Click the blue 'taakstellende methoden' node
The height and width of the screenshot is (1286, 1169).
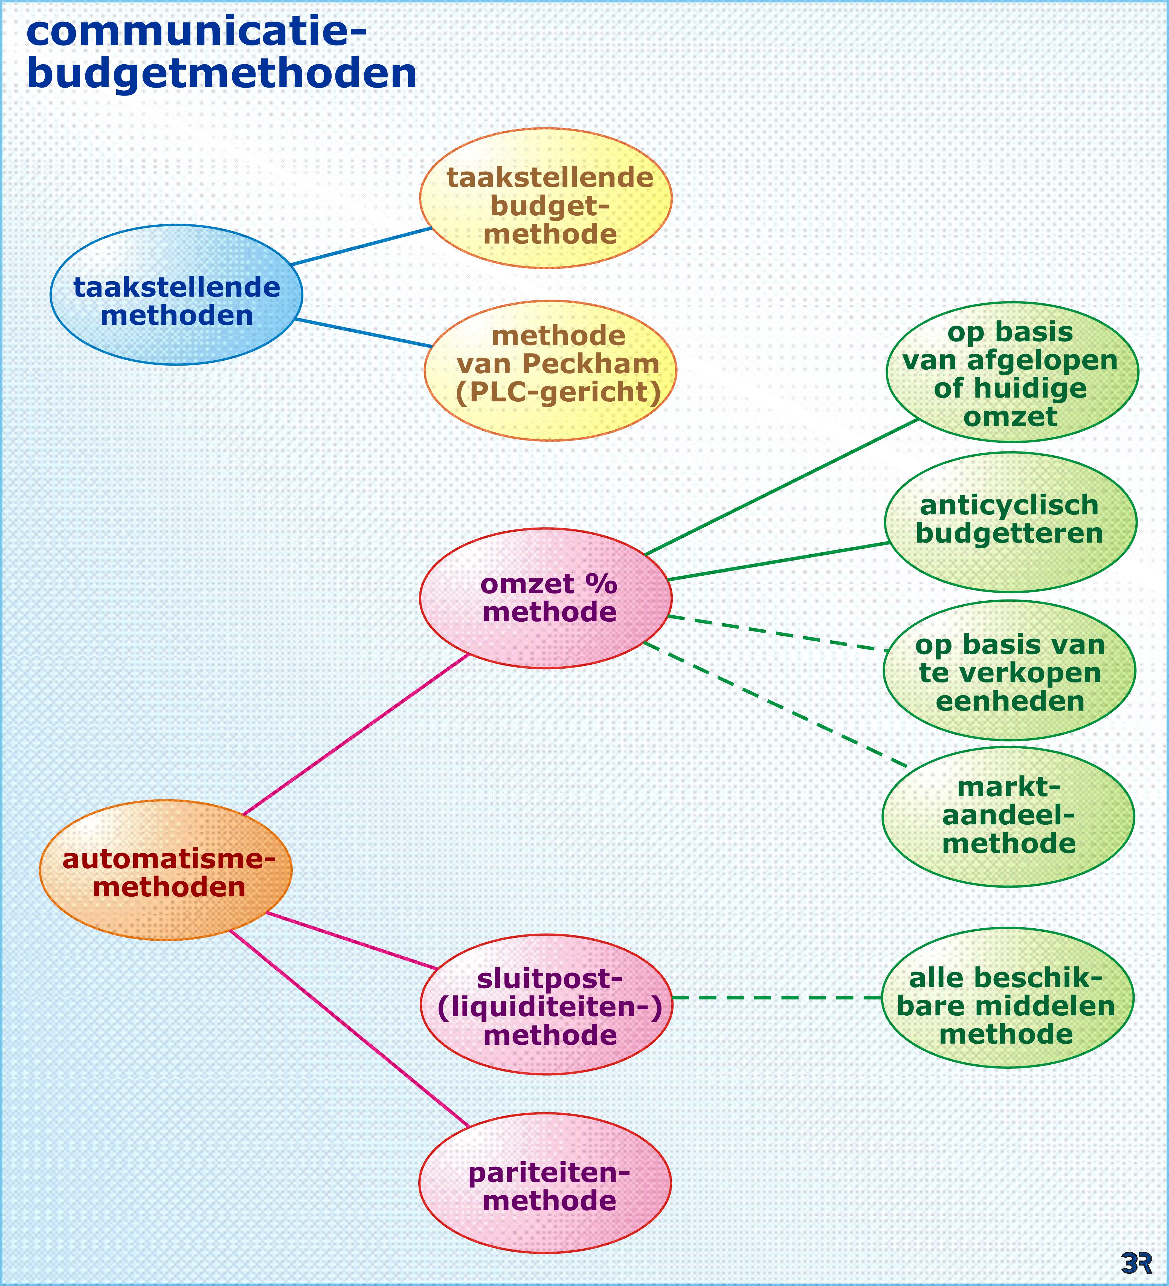pos(176,295)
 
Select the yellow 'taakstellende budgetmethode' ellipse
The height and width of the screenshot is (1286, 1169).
pos(546,198)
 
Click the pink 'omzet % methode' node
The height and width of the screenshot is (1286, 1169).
pos(546,598)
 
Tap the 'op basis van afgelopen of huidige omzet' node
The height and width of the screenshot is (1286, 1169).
pos(1012,373)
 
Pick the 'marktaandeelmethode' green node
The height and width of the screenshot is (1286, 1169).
pos(1008,817)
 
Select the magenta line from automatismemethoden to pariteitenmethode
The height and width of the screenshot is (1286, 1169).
pos(349,1029)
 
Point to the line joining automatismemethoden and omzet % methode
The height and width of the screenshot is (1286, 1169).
pos(356,734)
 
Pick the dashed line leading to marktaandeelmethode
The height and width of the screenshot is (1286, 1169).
pos(775,704)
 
